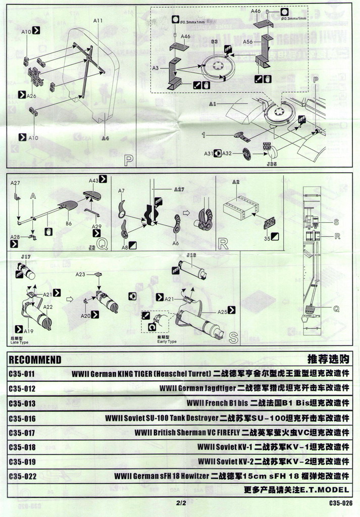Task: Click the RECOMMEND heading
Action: [x=35, y=360]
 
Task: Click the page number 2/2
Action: [x=181, y=503]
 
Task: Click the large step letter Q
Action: [x=102, y=244]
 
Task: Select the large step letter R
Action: [x=223, y=243]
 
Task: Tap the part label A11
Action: [x=98, y=21]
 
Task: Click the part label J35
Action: [x=272, y=163]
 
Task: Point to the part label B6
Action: [x=69, y=223]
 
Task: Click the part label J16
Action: [x=191, y=256]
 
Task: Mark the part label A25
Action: [x=223, y=312]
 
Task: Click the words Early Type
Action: [x=167, y=341]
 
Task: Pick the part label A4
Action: [x=105, y=138]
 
